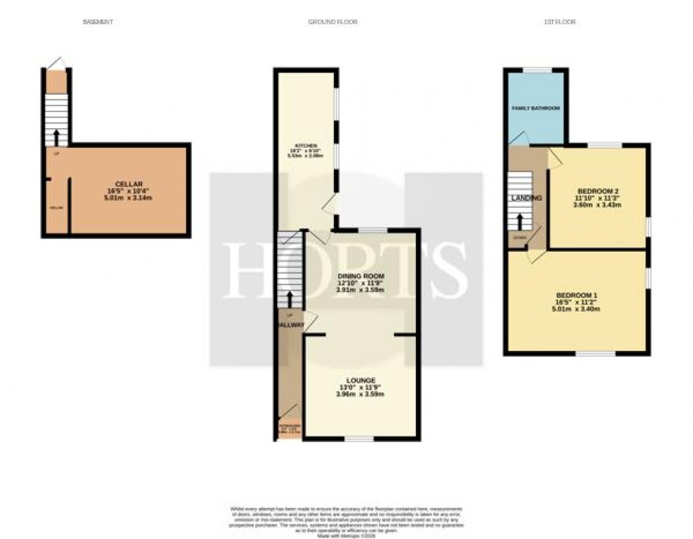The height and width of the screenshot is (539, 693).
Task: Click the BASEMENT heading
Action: point(98,23)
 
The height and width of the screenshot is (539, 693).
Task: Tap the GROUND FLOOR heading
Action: point(332,23)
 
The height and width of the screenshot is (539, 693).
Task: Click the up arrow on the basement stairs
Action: point(56,137)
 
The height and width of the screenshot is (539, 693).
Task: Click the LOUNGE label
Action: point(361,380)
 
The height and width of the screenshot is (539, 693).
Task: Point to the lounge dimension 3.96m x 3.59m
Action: point(361,394)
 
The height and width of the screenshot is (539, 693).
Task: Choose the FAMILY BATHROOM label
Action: point(535,108)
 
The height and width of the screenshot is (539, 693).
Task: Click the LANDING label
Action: point(527,198)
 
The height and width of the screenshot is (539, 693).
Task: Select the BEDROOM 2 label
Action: point(598,191)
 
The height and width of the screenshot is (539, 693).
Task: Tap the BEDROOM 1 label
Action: point(576,294)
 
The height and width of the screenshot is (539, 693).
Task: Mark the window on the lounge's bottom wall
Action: point(359,439)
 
